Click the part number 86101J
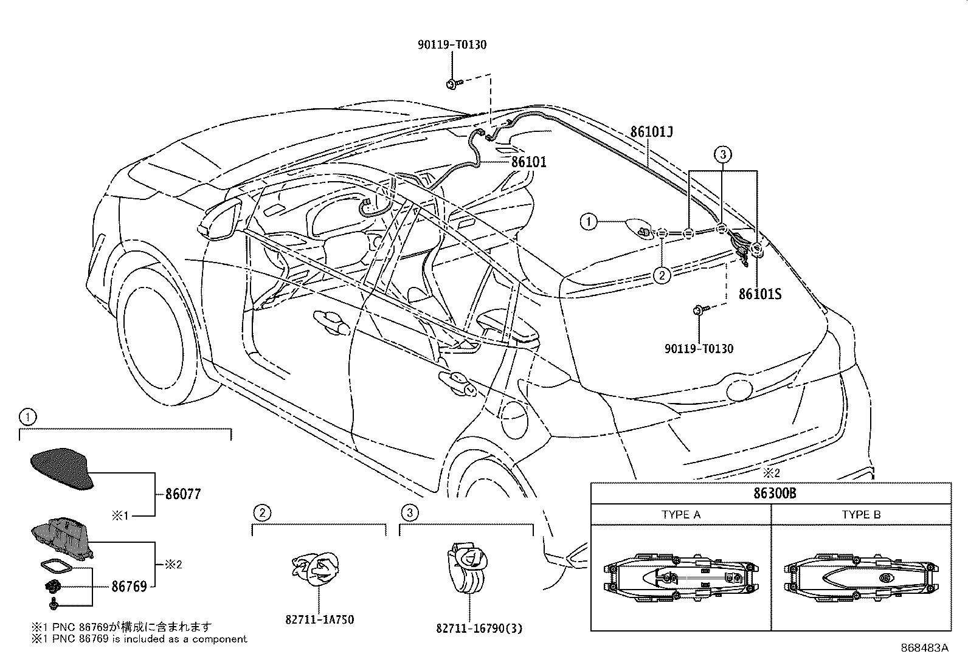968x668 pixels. pos(651,132)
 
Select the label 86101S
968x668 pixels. pos(759,294)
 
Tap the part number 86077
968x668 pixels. pos(182,494)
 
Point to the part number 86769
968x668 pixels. pos(129,587)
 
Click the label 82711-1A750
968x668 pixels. pos(319,619)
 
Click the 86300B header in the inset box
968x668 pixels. pos(771,493)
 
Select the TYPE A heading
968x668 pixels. pos(680,515)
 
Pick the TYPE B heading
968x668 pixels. pos(861,515)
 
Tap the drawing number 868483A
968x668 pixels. pos(924,648)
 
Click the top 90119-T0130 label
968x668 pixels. pos(452,44)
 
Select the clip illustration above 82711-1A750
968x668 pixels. pos(317,570)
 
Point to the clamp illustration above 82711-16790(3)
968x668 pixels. pos(468,568)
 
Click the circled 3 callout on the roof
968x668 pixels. pos(722,155)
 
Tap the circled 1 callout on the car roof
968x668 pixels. pos(588,222)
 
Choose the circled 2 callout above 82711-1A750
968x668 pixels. pos(261,513)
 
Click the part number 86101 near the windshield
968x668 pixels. pos(528,162)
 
